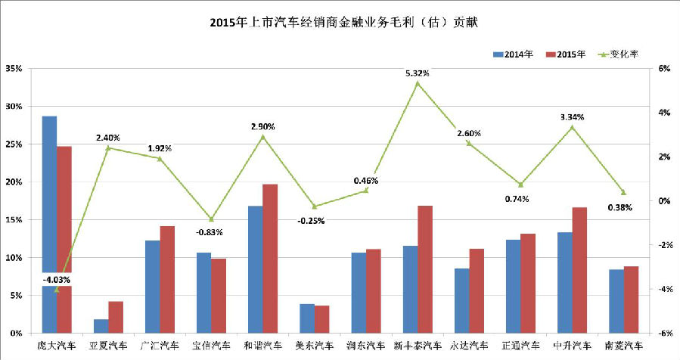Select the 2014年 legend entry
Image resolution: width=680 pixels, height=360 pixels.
(x=514, y=54)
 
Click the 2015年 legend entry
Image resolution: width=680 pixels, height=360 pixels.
(x=569, y=54)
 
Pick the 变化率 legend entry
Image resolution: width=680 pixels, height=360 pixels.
(x=621, y=54)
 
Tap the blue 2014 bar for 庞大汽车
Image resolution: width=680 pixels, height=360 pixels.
(x=49, y=189)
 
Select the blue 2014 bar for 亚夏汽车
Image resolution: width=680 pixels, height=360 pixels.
(x=101, y=326)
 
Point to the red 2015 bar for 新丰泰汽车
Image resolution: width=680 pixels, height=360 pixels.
(x=424, y=269)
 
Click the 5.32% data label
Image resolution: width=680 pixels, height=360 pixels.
(x=418, y=73)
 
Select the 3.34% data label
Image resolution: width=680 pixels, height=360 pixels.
(x=572, y=117)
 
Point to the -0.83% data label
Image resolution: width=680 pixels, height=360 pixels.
(x=210, y=232)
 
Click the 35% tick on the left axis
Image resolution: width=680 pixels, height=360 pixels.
(x=13, y=69)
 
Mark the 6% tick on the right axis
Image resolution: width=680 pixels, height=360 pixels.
(x=664, y=69)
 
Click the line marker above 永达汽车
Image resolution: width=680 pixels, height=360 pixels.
(x=468, y=143)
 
